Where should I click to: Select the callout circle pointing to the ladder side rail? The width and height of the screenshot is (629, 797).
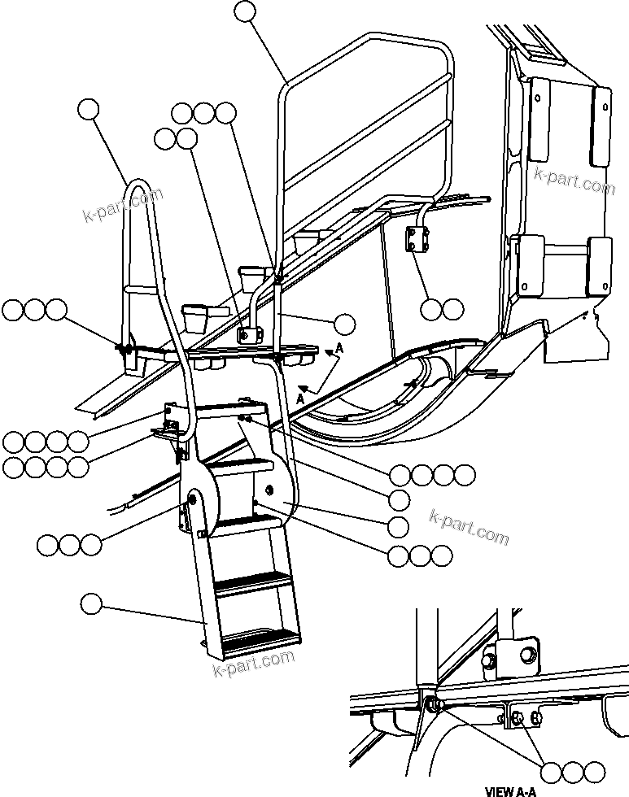(x=92, y=603)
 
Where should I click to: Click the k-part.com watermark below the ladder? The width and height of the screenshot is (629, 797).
(x=253, y=664)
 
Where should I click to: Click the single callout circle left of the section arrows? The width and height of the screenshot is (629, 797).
(x=345, y=323)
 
